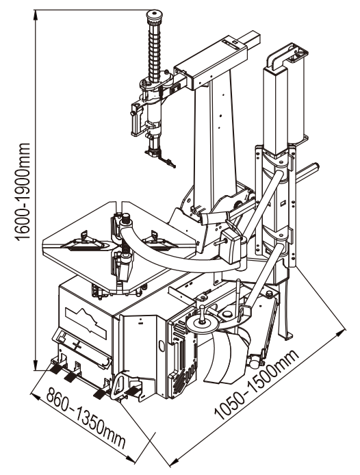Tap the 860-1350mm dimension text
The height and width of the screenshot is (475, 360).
click(x=86, y=418)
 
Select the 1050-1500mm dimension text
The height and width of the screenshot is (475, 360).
click(x=257, y=385)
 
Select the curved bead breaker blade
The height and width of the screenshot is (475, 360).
click(x=226, y=356)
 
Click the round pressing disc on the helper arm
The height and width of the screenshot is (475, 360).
click(x=203, y=324)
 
